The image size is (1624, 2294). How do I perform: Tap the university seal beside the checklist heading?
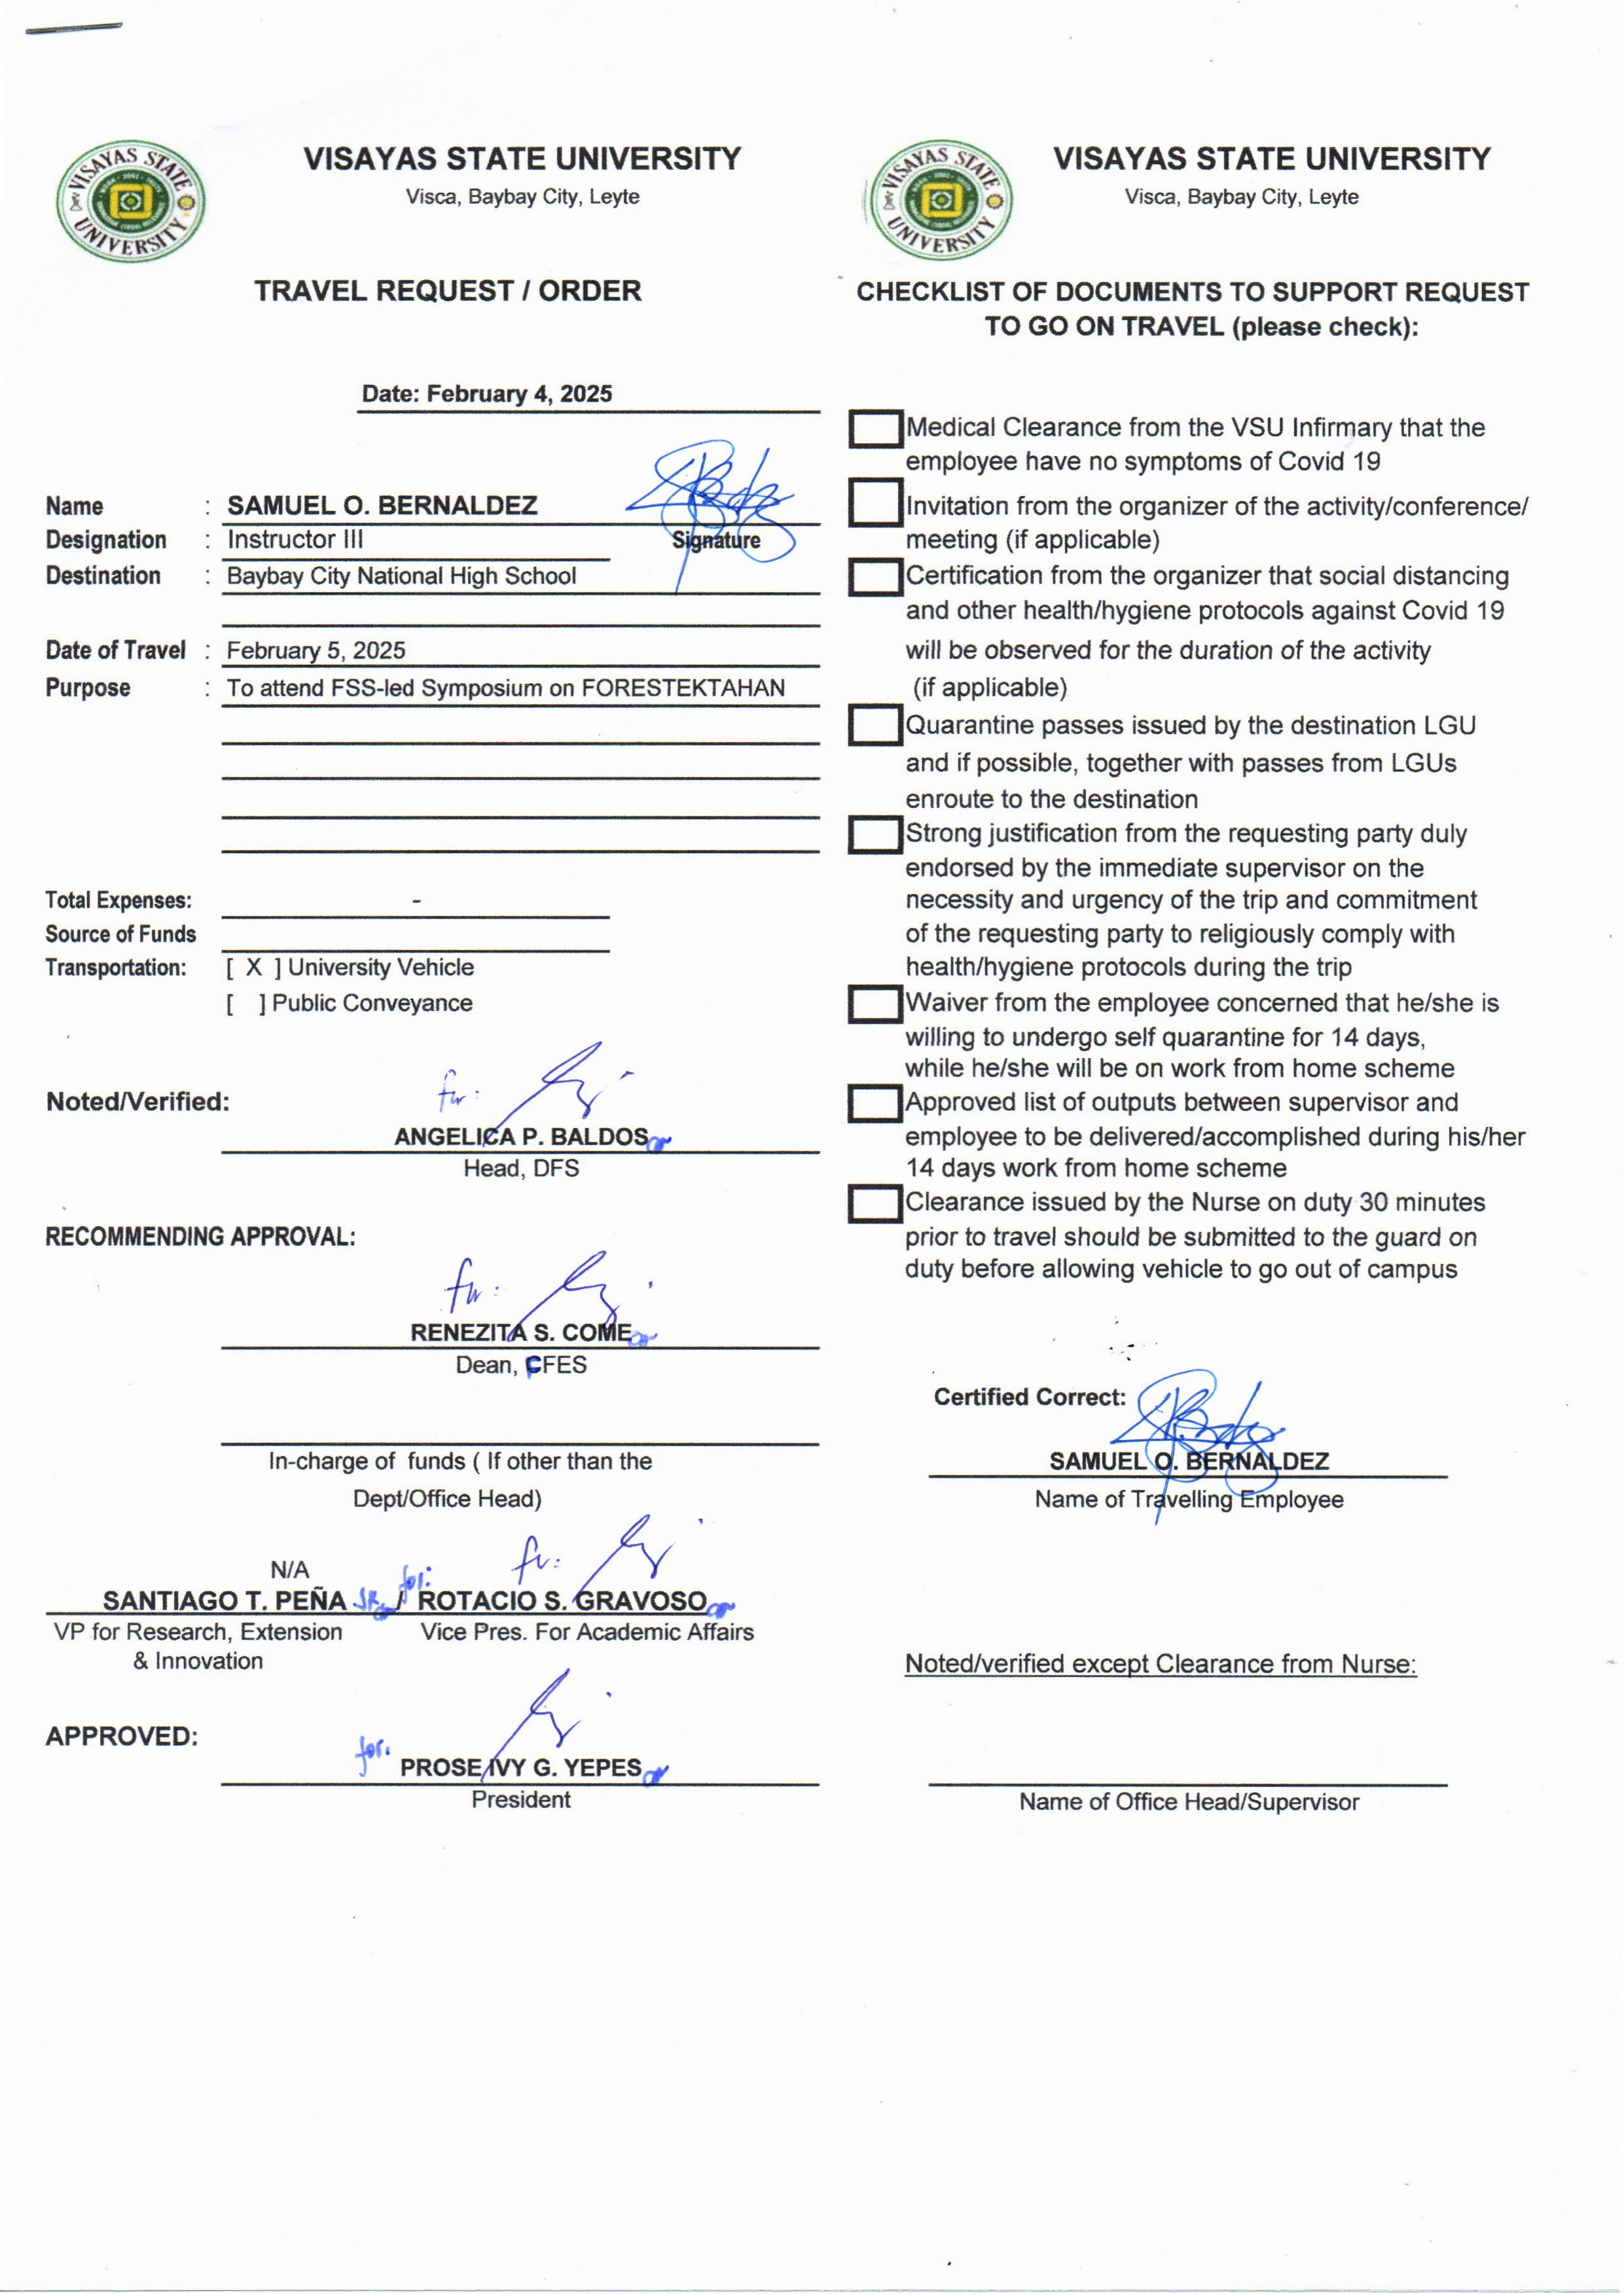click(940, 201)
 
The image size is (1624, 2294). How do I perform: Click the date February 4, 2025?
click(519, 394)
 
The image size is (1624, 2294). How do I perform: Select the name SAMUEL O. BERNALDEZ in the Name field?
click(382, 506)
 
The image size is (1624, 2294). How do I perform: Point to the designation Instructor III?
click(295, 540)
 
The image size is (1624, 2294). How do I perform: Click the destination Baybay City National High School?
click(401, 576)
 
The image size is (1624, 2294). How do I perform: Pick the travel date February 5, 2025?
click(316, 651)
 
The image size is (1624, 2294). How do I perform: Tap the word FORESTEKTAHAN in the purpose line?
click(683, 688)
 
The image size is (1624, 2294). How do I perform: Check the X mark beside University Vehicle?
click(254, 968)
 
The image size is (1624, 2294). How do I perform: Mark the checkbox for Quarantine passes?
click(876, 726)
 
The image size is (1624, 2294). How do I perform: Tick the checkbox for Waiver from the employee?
click(876, 1004)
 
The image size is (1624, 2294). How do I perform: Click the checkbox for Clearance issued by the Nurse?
click(876, 1203)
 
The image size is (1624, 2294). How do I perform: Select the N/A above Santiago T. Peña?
click(289, 1569)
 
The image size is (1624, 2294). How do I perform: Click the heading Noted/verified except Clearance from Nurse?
click(1160, 1665)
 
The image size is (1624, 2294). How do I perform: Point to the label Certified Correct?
click(1029, 1398)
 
